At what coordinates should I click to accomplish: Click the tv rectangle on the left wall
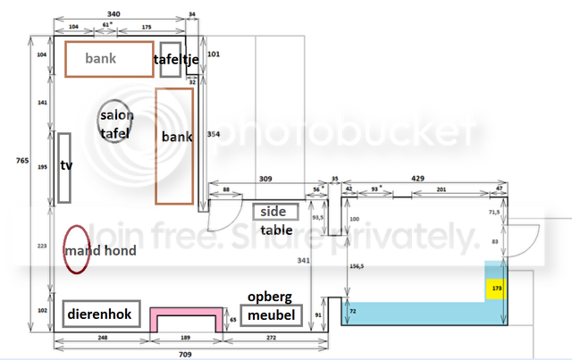[64, 167]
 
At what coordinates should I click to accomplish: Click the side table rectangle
[270, 213]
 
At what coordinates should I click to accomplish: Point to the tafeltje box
[171, 60]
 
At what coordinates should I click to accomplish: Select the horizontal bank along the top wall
[108, 59]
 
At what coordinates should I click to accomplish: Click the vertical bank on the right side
[176, 145]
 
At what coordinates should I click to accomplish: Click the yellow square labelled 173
[495, 289]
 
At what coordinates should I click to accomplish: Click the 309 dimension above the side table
[266, 180]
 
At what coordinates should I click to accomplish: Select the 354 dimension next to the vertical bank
[213, 134]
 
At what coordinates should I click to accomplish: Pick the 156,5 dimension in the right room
[358, 266]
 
